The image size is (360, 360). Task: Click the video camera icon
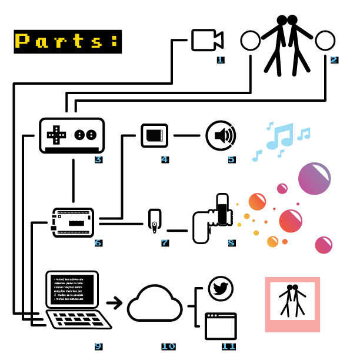click(206, 40)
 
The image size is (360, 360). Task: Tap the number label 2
click(334, 59)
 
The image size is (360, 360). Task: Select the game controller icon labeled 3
click(71, 136)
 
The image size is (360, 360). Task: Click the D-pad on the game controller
click(57, 135)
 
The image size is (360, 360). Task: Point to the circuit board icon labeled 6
click(73, 221)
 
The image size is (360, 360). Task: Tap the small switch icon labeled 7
click(154, 219)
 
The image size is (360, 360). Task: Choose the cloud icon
click(155, 304)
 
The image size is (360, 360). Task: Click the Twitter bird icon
click(221, 289)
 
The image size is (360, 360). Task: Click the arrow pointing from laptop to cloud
click(115, 304)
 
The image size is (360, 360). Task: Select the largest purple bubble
click(315, 178)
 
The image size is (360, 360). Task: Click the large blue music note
click(279, 136)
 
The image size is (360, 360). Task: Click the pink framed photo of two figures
click(292, 304)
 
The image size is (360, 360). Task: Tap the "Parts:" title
click(67, 41)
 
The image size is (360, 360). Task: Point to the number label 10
click(168, 346)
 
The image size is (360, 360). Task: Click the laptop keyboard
click(79, 320)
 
